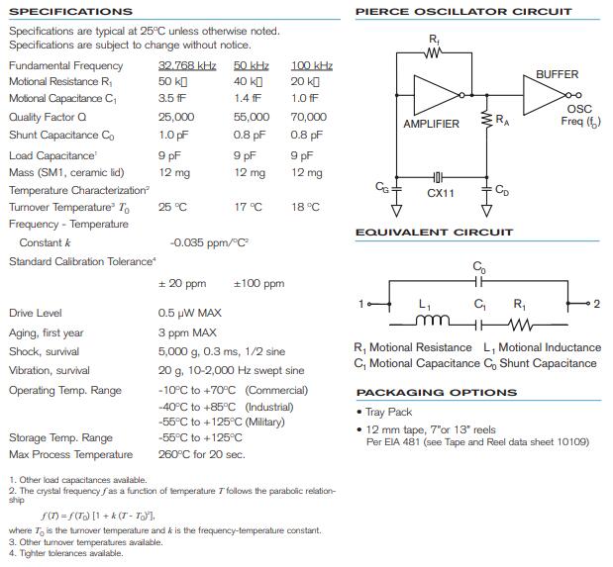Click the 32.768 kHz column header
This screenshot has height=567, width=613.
(187, 65)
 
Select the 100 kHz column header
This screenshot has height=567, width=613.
(311, 65)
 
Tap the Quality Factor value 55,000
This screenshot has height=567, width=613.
(252, 116)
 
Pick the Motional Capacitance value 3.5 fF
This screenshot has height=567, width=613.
(172, 99)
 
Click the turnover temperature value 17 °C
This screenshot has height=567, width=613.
(249, 207)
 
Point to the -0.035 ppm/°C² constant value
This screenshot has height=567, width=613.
(209, 242)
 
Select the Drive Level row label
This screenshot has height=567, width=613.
(35, 313)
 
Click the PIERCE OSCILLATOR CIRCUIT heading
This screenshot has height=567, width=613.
(462, 12)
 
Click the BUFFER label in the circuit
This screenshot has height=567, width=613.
(557, 74)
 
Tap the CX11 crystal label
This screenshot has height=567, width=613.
(441, 194)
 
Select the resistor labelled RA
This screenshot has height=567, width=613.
(486, 120)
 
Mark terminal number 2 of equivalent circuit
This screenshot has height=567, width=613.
(595, 304)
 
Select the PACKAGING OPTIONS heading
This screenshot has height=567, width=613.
(436, 392)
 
